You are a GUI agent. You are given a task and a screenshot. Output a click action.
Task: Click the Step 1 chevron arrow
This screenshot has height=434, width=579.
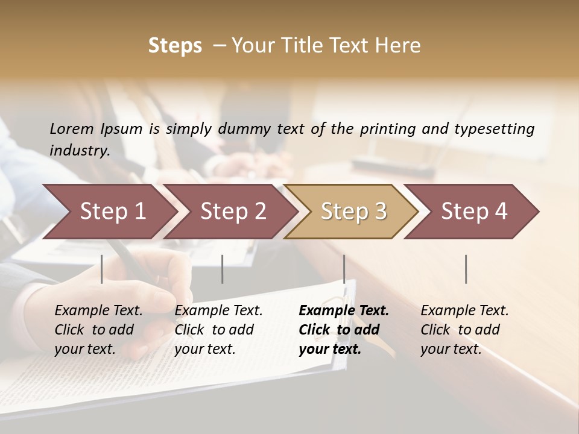[x=112, y=212]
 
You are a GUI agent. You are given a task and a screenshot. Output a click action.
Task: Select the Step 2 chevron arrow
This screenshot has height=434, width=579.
[x=233, y=212]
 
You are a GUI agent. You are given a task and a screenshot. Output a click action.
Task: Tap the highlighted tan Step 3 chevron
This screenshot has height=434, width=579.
[x=353, y=212]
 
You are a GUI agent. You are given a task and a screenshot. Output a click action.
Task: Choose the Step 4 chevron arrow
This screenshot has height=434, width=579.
[x=474, y=212]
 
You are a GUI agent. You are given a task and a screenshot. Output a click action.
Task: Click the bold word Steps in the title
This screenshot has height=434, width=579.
[x=175, y=46]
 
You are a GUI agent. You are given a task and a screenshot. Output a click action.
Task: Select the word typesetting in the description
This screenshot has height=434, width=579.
[x=494, y=129]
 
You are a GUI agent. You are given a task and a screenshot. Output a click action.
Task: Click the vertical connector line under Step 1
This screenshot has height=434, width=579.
[x=102, y=269]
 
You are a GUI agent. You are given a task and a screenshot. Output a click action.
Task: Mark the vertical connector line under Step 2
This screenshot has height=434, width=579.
[x=223, y=269]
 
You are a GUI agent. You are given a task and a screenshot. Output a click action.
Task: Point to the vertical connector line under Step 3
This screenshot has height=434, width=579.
[x=344, y=269]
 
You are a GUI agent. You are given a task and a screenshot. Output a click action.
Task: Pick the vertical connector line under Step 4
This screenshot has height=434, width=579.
[x=466, y=269]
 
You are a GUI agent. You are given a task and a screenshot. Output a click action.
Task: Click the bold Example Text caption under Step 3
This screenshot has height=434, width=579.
[x=344, y=329]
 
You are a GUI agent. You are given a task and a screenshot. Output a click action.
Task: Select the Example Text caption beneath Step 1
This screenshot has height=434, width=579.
[x=98, y=329]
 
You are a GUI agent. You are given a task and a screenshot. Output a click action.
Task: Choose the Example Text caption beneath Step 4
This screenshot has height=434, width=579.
[x=464, y=329]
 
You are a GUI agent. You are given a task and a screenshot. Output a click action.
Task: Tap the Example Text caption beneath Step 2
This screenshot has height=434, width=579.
[x=218, y=329]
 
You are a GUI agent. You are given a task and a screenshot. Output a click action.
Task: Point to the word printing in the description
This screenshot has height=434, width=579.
[x=388, y=129]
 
